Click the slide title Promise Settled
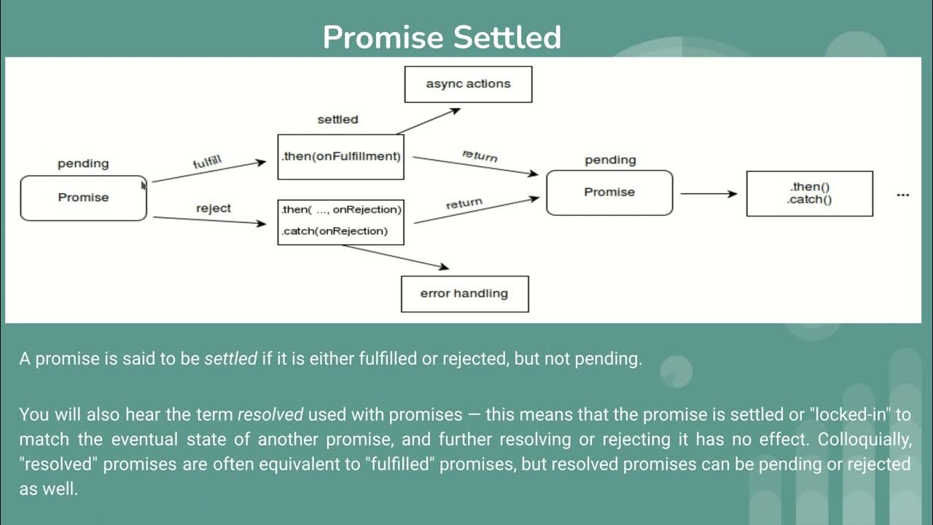click(442, 37)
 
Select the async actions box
click(468, 84)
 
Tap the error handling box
click(464, 294)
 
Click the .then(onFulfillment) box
click(340, 156)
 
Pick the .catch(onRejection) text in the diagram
click(335, 231)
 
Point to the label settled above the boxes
click(337, 119)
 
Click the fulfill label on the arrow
click(207, 162)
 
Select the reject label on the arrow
click(213, 209)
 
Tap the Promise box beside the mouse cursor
click(83, 198)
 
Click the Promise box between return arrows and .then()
click(609, 192)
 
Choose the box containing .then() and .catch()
click(809, 193)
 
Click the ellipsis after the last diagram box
click(903, 195)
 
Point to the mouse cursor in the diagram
click(144, 185)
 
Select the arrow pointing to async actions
click(429, 121)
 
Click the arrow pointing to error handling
click(396, 257)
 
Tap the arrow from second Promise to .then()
click(708, 194)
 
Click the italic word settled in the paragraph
click(230, 359)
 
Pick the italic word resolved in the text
click(270, 415)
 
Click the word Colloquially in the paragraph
click(864, 440)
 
